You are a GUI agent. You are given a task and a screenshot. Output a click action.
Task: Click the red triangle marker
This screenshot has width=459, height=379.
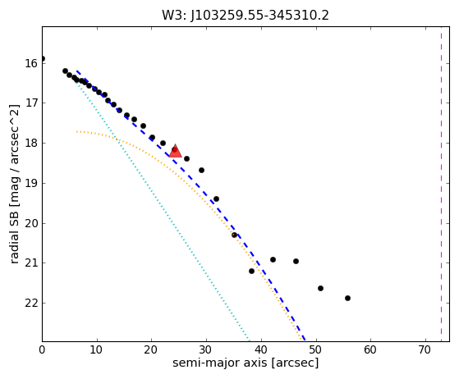point(176,151)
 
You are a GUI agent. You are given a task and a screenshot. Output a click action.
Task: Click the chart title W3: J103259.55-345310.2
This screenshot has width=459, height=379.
point(246,16)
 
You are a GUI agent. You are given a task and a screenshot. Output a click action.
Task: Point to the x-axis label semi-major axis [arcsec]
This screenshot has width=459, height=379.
point(246,363)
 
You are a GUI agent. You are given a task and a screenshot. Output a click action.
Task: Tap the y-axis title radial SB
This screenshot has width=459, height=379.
point(14,235)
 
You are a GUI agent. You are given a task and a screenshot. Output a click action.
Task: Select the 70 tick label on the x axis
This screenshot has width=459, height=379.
point(425,349)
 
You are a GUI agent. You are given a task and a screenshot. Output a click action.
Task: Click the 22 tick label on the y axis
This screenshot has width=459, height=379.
point(32,303)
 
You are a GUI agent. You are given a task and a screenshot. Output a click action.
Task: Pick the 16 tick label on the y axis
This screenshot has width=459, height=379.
point(32,63)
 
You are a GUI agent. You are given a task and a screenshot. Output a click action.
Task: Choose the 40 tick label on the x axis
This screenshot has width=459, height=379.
point(261,349)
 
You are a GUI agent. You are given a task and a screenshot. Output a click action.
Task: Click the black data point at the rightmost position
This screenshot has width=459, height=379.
point(348,299)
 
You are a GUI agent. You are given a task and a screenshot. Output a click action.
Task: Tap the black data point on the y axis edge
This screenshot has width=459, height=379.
point(43,59)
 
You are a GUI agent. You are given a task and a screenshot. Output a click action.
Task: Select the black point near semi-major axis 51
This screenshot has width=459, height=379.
point(320,288)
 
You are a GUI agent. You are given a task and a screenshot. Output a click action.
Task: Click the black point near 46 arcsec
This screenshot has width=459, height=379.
point(296,261)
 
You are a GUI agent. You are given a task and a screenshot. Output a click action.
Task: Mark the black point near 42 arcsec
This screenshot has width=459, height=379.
point(273,259)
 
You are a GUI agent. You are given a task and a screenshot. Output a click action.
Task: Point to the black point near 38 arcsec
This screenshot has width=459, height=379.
point(251,271)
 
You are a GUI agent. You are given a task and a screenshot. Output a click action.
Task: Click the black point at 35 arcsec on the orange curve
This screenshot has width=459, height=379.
point(234,235)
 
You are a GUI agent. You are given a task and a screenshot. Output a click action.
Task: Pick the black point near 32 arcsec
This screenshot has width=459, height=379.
point(216,199)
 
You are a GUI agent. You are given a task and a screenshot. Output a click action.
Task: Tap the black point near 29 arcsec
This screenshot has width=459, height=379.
point(201,170)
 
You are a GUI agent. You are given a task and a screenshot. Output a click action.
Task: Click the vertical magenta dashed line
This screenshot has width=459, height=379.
point(441,184)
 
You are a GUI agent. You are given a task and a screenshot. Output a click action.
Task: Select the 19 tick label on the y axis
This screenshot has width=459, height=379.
point(32,183)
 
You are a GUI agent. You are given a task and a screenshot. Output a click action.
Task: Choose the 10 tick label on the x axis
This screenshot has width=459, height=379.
point(97,349)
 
